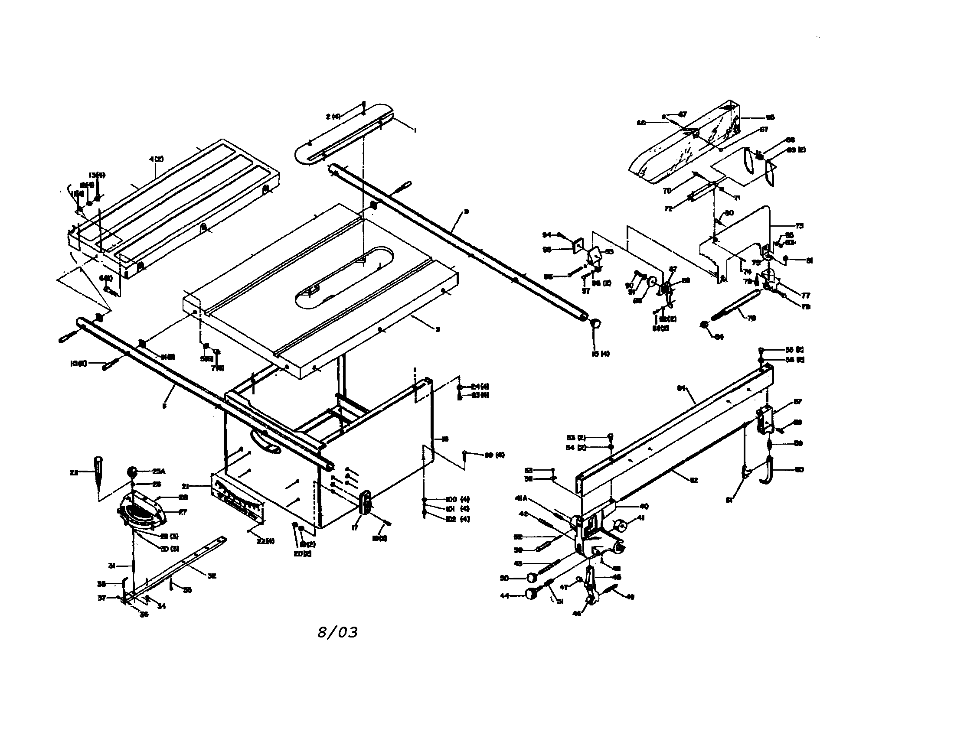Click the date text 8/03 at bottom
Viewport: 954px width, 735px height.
click(337, 632)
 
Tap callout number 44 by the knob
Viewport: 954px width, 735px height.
click(504, 595)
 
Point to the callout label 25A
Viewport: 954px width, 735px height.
click(159, 472)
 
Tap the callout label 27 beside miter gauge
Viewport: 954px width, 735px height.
click(183, 511)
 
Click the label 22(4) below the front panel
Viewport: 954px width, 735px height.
click(265, 541)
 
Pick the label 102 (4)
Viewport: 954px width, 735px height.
click(457, 519)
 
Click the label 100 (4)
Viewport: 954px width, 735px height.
click(457, 499)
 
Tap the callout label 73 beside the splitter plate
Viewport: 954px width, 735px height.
click(799, 226)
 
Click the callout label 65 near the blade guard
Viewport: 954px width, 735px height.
click(770, 117)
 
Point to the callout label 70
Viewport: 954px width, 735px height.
click(666, 191)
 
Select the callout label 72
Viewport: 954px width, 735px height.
click(668, 209)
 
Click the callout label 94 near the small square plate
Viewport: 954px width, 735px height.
click(547, 235)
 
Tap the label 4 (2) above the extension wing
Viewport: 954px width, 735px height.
click(156, 159)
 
